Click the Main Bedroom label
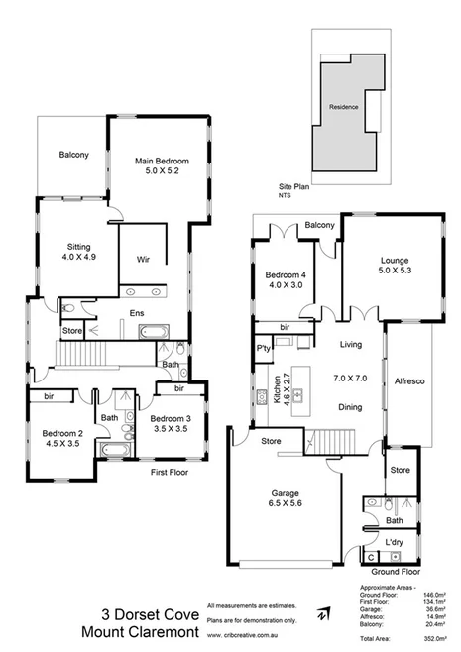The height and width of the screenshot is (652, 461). click(162, 160)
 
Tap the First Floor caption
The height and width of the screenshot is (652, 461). click(169, 473)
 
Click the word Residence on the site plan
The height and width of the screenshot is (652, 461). click(344, 107)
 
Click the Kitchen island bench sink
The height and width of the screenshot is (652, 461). click(296, 398)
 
